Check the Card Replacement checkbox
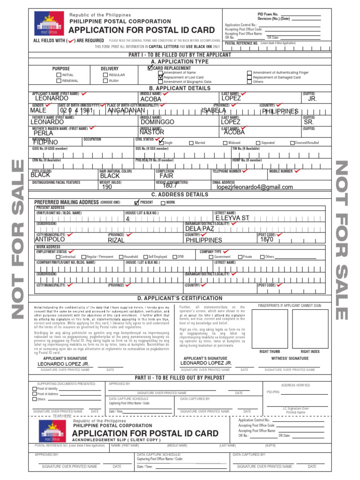click(x=150, y=68)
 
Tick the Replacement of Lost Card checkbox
click(x=160, y=77)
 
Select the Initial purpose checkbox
click(x=59, y=75)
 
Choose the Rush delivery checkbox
click(x=105, y=81)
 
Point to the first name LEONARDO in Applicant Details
click(x=52, y=98)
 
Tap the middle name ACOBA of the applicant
click(x=150, y=99)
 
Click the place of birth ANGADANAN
click(x=126, y=111)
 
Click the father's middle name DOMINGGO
click(x=157, y=122)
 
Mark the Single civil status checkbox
click(x=161, y=142)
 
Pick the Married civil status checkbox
click(x=191, y=143)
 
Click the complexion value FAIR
click(x=166, y=176)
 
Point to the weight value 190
click(x=107, y=187)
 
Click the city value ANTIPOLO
click(x=53, y=240)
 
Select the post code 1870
click(x=267, y=240)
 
